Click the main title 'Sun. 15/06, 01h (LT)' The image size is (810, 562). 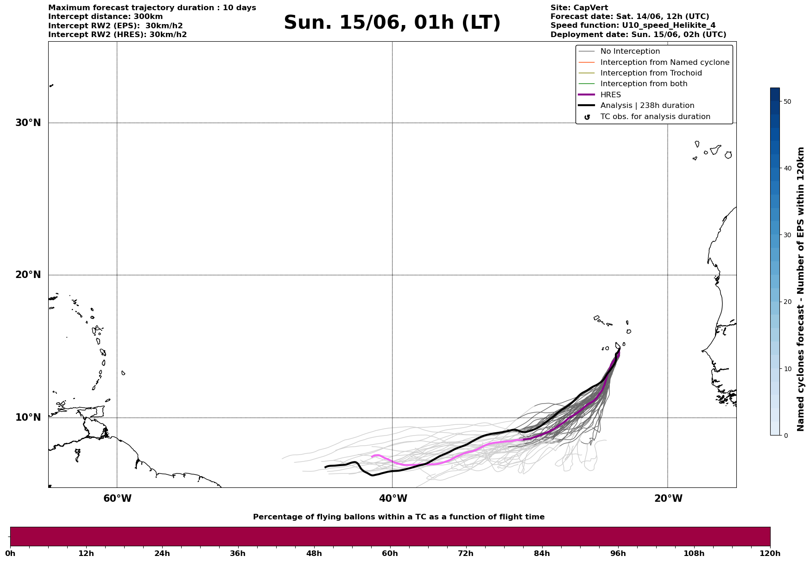coord(392,23)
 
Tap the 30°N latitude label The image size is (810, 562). coord(28,123)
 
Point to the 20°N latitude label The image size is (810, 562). coord(28,275)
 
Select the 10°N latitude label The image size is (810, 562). coord(28,417)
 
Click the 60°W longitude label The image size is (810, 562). coord(117,499)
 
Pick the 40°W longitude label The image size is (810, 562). coord(393,499)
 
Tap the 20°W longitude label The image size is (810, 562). coord(668,499)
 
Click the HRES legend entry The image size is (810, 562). coord(610,95)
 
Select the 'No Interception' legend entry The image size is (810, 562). coord(630,51)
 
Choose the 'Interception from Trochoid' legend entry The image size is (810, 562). coord(651,73)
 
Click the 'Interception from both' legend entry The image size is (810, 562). coord(644,84)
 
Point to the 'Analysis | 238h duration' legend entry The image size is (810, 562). coord(647,106)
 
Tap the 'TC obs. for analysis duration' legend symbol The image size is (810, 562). coord(587,117)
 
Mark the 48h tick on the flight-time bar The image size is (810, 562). coord(314,553)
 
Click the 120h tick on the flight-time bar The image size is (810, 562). coord(770,553)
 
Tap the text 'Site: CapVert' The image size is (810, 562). coord(579,8)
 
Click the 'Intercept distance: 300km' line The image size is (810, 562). coord(106,17)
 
